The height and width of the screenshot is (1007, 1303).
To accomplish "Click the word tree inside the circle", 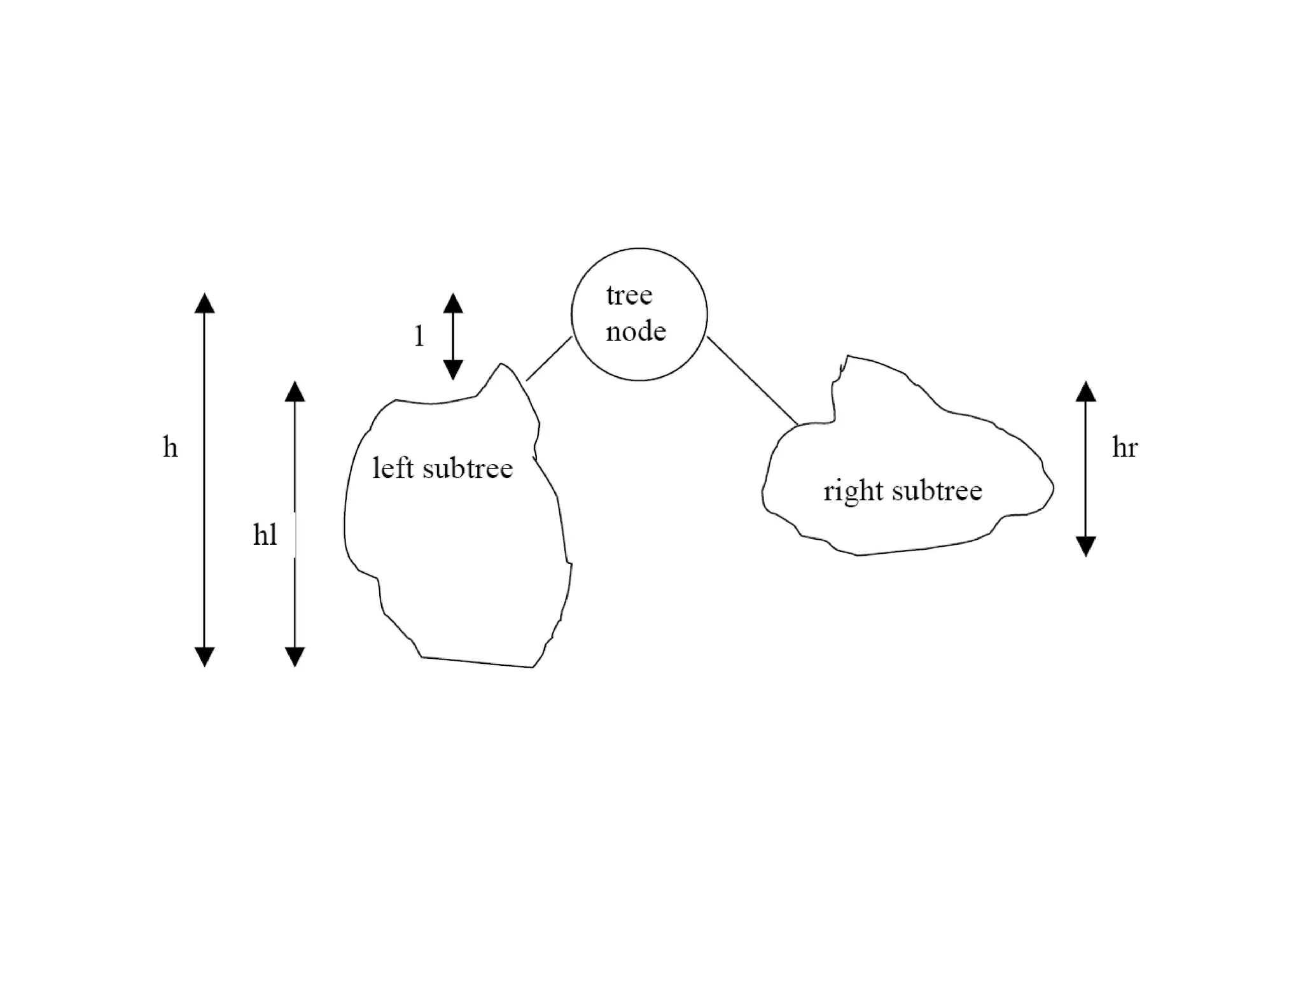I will pyautogui.click(x=629, y=295).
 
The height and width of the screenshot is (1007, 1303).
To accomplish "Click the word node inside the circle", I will pyautogui.click(x=636, y=332).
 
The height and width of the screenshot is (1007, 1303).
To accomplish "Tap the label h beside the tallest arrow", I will pyautogui.click(x=170, y=447).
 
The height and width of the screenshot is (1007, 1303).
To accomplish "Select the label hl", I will pyautogui.click(x=265, y=535).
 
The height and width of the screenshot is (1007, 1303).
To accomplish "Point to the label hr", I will pyautogui.click(x=1124, y=447).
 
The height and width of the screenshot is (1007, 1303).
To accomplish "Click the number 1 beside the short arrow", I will pyautogui.click(x=419, y=336).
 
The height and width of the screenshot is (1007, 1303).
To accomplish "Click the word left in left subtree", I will pyautogui.click(x=393, y=468).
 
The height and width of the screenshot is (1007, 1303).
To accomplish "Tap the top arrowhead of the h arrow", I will pyautogui.click(x=204, y=303).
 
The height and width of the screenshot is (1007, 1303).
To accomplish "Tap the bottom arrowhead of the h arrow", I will pyautogui.click(x=204, y=656).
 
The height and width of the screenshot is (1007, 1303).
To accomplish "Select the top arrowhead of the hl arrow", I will pyautogui.click(x=295, y=391).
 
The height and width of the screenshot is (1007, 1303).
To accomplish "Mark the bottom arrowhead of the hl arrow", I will pyautogui.click(x=295, y=656).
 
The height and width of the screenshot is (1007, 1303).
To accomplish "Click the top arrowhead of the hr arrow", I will pyautogui.click(x=1085, y=391).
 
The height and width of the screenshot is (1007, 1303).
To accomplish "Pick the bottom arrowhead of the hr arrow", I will pyautogui.click(x=1085, y=546).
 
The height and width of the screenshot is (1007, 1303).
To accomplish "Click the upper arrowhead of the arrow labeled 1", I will pyautogui.click(x=453, y=303).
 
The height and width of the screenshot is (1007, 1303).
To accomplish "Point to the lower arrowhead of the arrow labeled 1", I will pyautogui.click(x=453, y=370).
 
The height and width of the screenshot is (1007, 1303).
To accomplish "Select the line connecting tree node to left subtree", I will pyautogui.click(x=549, y=359).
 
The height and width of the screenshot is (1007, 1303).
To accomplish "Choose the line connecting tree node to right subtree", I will pyautogui.click(x=752, y=381).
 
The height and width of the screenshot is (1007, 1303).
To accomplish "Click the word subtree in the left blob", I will pyautogui.click(x=467, y=468).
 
